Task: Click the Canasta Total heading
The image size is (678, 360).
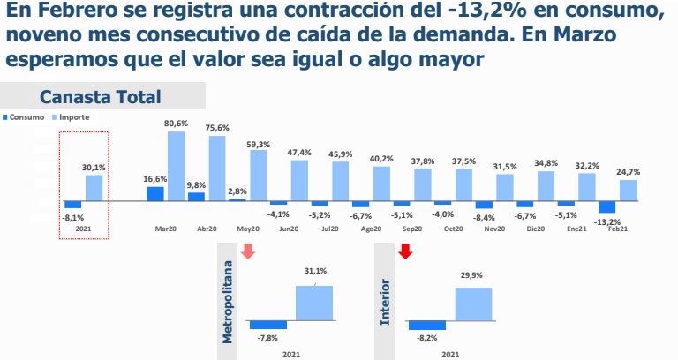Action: point(100,97)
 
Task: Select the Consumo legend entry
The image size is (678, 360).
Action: point(26,117)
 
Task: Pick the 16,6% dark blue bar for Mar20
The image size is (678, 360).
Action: point(155,194)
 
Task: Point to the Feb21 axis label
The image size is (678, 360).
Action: point(619,229)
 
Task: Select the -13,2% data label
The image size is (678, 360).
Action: point(608,222)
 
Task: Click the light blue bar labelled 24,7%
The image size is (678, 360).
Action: point(628,191)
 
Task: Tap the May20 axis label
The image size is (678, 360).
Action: point(246,229)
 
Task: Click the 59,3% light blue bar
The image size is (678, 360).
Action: point(258,175)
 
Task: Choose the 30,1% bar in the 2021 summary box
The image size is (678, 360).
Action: point(94,188)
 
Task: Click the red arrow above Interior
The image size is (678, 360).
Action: point(406,251)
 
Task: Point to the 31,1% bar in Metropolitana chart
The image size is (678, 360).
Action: point(314,303)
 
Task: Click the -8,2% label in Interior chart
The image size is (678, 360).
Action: point(426,336)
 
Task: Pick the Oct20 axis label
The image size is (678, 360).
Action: point(453,229)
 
